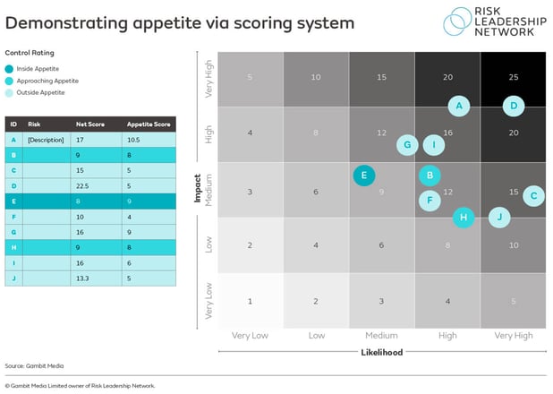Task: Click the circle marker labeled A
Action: pos(459,106)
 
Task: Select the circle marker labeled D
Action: pos(514,106)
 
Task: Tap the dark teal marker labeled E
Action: pos(364,176)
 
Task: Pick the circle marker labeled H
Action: pos(463,216)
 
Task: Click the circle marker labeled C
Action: pos(533,195)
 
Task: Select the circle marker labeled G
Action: pos(407,144)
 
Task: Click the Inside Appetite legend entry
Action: pos(33,69)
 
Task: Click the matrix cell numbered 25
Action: pos(513,78)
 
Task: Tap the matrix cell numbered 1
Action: pos(250,301)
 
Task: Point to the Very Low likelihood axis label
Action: pos(250,335)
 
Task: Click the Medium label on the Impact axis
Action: pos(208,190)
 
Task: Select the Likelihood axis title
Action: pos(381,352)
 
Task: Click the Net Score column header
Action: pos(88,124)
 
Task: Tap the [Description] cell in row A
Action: pos(42,140)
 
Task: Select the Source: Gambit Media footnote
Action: pos(34,366)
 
